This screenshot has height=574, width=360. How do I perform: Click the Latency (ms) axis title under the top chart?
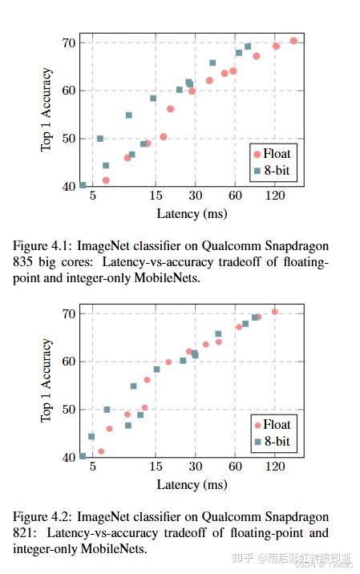coord(192,214)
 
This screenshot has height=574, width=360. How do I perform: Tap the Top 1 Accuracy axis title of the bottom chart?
coord(47,381)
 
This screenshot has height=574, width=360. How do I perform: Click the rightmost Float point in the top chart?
coord(293,41)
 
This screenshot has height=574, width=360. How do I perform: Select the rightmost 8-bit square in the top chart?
coord(248,46)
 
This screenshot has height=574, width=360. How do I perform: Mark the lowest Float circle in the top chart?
coord(106,180)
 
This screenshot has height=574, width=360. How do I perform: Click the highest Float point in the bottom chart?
coord(274,312)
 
